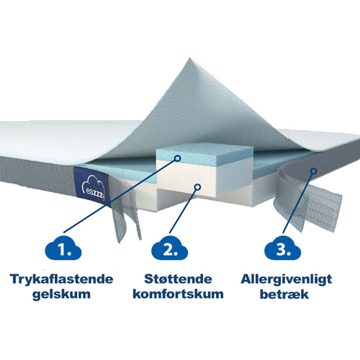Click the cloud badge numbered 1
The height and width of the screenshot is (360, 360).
coord(63,250)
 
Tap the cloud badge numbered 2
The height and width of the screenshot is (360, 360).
coord(170,249)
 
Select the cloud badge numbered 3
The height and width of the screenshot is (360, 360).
coord(283,249)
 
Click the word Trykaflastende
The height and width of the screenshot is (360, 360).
coord(61,279)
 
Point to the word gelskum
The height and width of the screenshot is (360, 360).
coord(61,294)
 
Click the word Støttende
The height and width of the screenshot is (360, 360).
coord(178,279)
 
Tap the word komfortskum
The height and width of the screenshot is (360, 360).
coord(178,294)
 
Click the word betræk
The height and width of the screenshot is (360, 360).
coord(284,294)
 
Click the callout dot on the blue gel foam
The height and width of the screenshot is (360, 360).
coord(178,158)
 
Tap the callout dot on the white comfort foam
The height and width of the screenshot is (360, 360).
coord(197,187)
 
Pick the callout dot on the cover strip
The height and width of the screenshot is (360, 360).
coord(313,171)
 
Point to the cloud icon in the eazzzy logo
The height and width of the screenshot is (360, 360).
coord(94,183)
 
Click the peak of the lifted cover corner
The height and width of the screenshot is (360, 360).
coord(189,58)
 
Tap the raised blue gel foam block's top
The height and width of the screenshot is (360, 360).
coord(204,153)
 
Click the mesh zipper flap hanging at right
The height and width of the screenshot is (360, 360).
coord(322,207)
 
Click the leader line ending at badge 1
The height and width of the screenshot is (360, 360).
coord(120,196)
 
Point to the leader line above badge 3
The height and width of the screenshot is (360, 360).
coord(298,203)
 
